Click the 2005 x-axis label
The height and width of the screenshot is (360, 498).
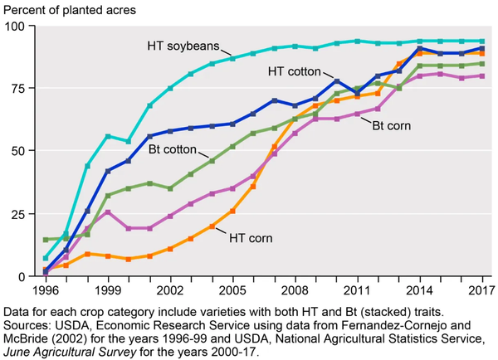232,291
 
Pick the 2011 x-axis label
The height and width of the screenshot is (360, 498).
357,291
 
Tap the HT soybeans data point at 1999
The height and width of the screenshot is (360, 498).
108,136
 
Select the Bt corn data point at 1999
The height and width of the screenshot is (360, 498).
108,212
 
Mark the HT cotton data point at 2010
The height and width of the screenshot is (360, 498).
336,80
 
